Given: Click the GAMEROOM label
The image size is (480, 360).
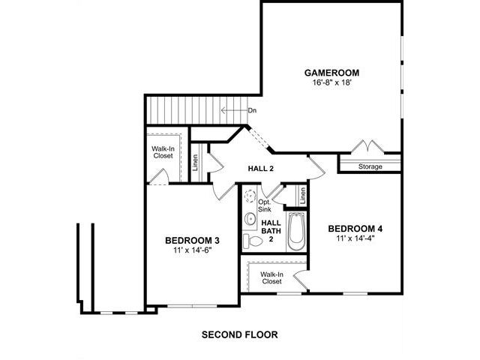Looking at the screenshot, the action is click(331, 73).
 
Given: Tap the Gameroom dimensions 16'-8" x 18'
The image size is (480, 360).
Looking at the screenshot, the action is click(331, 82).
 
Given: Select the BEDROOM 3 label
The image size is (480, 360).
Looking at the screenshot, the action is click(192, 241).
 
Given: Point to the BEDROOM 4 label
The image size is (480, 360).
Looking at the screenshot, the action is click(355, 229).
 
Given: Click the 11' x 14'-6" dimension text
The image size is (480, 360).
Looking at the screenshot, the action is click(193, 250).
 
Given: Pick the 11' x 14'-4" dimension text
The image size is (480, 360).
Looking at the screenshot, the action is click(355, 238).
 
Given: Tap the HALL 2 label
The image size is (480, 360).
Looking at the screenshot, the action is click(260, 168).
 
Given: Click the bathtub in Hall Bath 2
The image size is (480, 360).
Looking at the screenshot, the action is click(296, 232).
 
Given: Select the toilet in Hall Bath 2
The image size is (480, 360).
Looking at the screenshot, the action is click(253, 241).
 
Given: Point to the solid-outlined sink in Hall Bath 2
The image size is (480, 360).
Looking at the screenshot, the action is click(250, 218).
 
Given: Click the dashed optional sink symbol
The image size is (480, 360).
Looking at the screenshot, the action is click(250, 196).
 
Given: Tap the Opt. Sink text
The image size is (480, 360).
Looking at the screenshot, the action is click(264, 205).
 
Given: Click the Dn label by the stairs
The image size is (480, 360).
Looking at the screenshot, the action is click(252, 110).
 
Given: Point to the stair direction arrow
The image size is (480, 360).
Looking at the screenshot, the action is click(234, 110).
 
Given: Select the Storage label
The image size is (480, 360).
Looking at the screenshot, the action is click(370, 166).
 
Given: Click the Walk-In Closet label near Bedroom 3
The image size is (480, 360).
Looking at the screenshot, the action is click(163, 152).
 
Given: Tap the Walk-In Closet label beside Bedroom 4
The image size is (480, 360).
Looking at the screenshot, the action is click(271, 277).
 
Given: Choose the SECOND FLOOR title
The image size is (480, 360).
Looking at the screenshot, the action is click(240, 334).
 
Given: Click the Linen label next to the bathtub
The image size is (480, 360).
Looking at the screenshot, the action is click(303, 196).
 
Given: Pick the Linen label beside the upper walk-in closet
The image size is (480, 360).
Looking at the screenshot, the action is click(195, 163).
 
